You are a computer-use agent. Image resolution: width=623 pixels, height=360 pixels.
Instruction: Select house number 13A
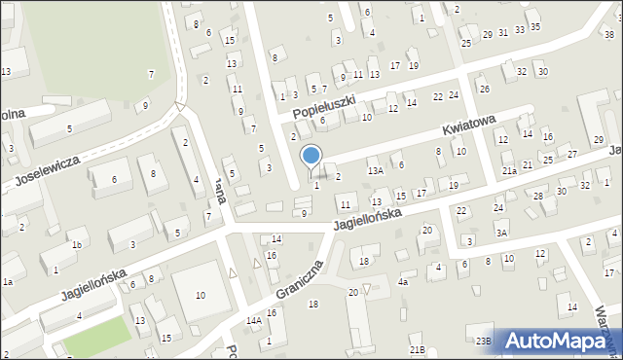coord(375,171)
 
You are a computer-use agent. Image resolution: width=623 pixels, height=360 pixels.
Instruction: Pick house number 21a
coord(509,171)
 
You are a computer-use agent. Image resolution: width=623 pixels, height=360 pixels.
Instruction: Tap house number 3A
coord(500,233)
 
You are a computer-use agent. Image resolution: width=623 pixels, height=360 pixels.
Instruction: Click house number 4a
coord(403,282)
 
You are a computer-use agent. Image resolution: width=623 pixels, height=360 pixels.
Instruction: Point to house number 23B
coord(483,341)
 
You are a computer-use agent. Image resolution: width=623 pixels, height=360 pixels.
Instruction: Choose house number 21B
coord(417,349)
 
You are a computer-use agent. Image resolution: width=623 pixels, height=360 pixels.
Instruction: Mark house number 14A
coord(254,320)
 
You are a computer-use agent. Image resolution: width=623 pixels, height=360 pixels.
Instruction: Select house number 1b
coord(76,244)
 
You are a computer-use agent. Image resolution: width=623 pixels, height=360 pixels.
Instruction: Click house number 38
coord(608,35)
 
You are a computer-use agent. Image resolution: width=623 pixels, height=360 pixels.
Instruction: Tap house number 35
coord(535,26)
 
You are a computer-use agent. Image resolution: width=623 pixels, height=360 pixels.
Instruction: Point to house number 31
coord(502,32)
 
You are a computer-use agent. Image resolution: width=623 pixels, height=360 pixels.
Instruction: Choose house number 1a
coord(7,282)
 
